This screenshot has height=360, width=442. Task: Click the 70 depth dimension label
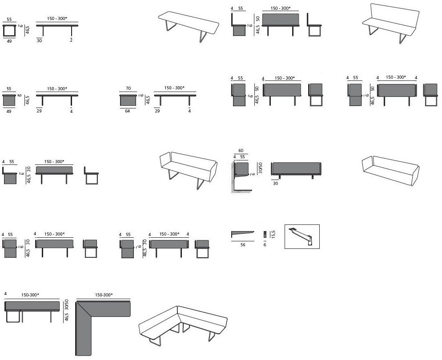tap(128, 88)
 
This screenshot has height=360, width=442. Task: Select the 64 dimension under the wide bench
tap(128, 111)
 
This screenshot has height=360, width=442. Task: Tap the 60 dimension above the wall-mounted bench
tap(241, 151)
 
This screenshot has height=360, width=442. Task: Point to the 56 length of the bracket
tap(243, 244)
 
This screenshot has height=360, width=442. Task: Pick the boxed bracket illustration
tap(302, 236)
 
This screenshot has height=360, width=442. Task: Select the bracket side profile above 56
tap(242, 233)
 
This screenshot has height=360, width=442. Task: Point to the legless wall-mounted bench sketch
tap(391, 169)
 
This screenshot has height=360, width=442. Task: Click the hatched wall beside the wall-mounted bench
tap(234, 178)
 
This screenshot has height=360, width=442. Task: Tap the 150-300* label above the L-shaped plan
tap(104, 295)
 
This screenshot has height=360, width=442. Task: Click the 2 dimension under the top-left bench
tap(71, 40)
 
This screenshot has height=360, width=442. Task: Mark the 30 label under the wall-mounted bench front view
tap(275, 183)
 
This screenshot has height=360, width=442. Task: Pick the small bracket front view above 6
tap(265, 234)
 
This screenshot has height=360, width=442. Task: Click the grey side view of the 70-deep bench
tap(128, 100)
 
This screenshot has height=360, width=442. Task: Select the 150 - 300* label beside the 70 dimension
tap(174, 88)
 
